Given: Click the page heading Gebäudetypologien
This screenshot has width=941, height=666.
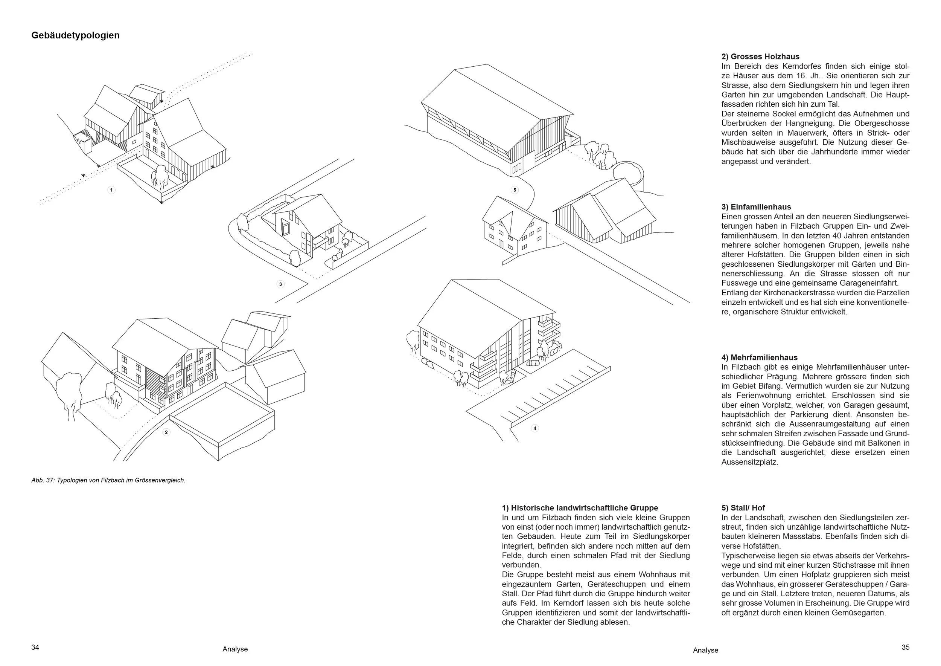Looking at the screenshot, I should tap(75, 35).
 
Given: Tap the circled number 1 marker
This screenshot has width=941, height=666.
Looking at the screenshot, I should tap(111, 190).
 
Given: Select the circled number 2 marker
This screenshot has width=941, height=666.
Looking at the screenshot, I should tap(166, 432).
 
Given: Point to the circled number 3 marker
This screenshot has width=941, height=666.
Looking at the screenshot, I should tap(280, 284).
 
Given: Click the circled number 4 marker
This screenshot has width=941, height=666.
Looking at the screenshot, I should tap(534, 428).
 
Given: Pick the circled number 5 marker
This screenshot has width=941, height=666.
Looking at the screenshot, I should tap(515, 190).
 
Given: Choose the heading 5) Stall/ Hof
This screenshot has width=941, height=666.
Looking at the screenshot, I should tap(743, 508).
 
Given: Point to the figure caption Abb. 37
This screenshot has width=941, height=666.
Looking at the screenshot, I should tap(108, 480).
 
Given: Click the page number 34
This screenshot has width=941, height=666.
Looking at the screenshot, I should tap(35, 647).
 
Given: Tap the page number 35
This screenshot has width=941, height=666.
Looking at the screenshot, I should tap(905, 647).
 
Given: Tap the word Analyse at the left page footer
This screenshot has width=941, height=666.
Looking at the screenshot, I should tap(235, 649).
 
